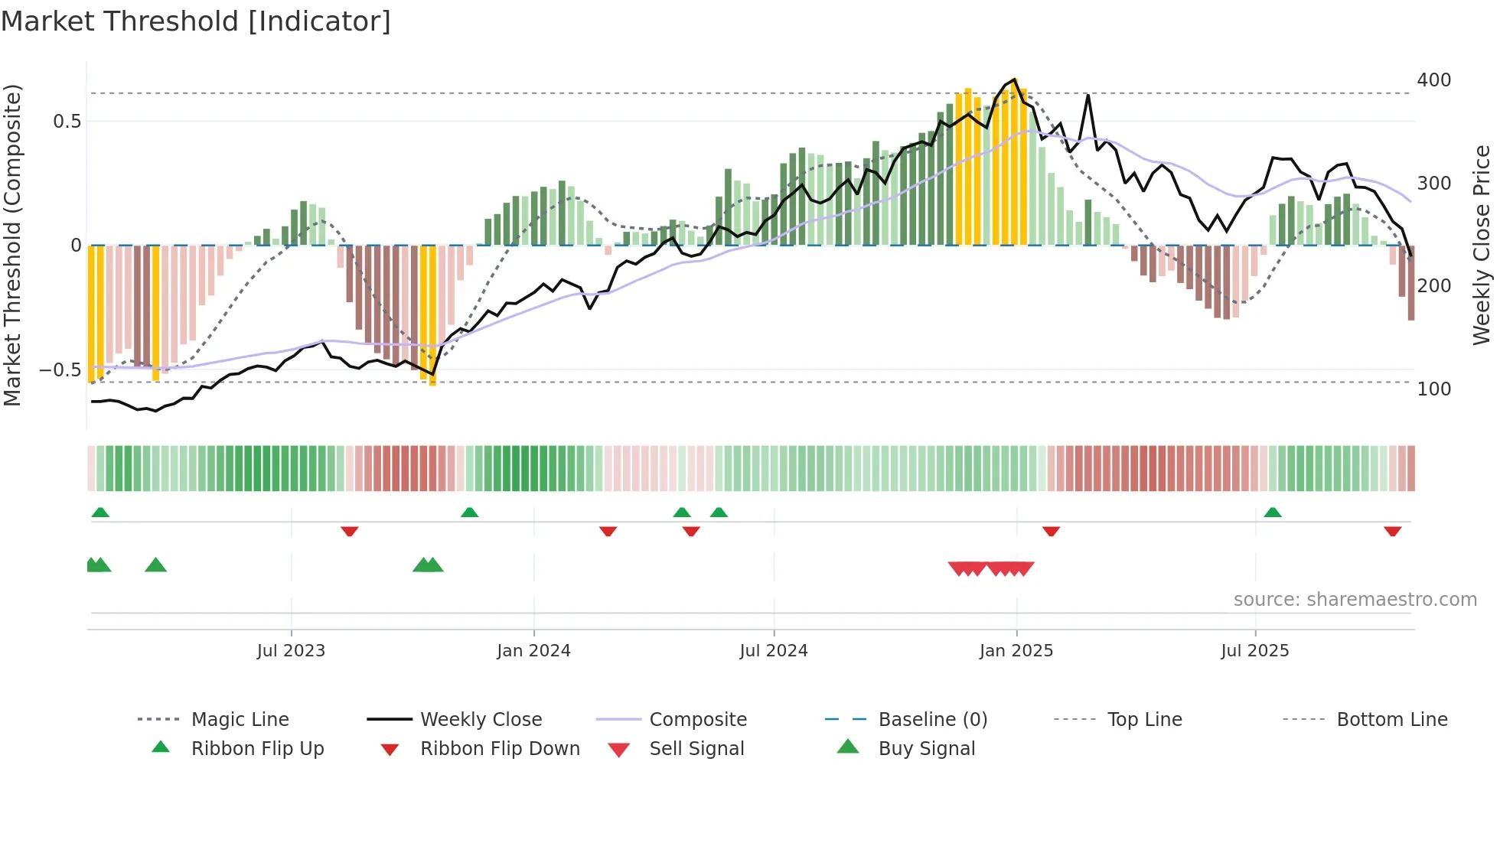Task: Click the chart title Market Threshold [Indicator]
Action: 196,21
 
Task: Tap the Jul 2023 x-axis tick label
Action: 291,651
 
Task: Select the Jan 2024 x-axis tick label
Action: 533,651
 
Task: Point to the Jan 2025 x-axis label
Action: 1016,651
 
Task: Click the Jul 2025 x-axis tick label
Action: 1255,651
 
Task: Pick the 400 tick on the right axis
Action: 1433,80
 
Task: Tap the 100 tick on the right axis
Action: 1433,389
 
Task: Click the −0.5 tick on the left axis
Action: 60,370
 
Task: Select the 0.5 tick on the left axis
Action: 67,122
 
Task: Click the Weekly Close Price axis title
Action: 1482,245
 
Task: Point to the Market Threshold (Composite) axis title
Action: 12,245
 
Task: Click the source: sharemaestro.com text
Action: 1355,600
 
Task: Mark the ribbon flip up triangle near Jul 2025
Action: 1273,513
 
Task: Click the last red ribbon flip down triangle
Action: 1392,531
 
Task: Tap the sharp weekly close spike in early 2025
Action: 1087,96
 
